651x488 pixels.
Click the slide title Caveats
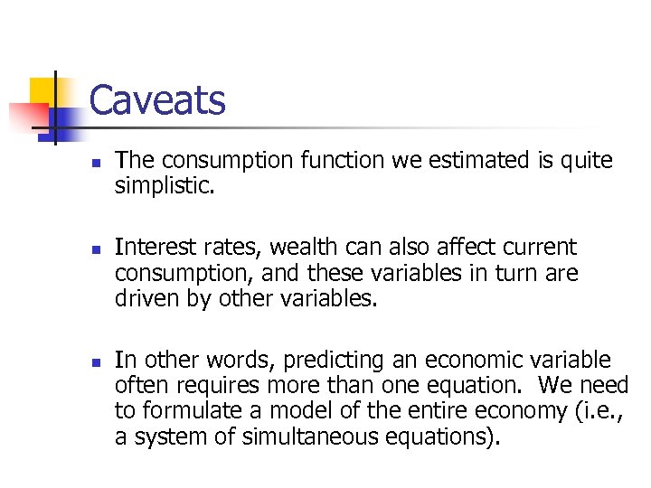[157, 100]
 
